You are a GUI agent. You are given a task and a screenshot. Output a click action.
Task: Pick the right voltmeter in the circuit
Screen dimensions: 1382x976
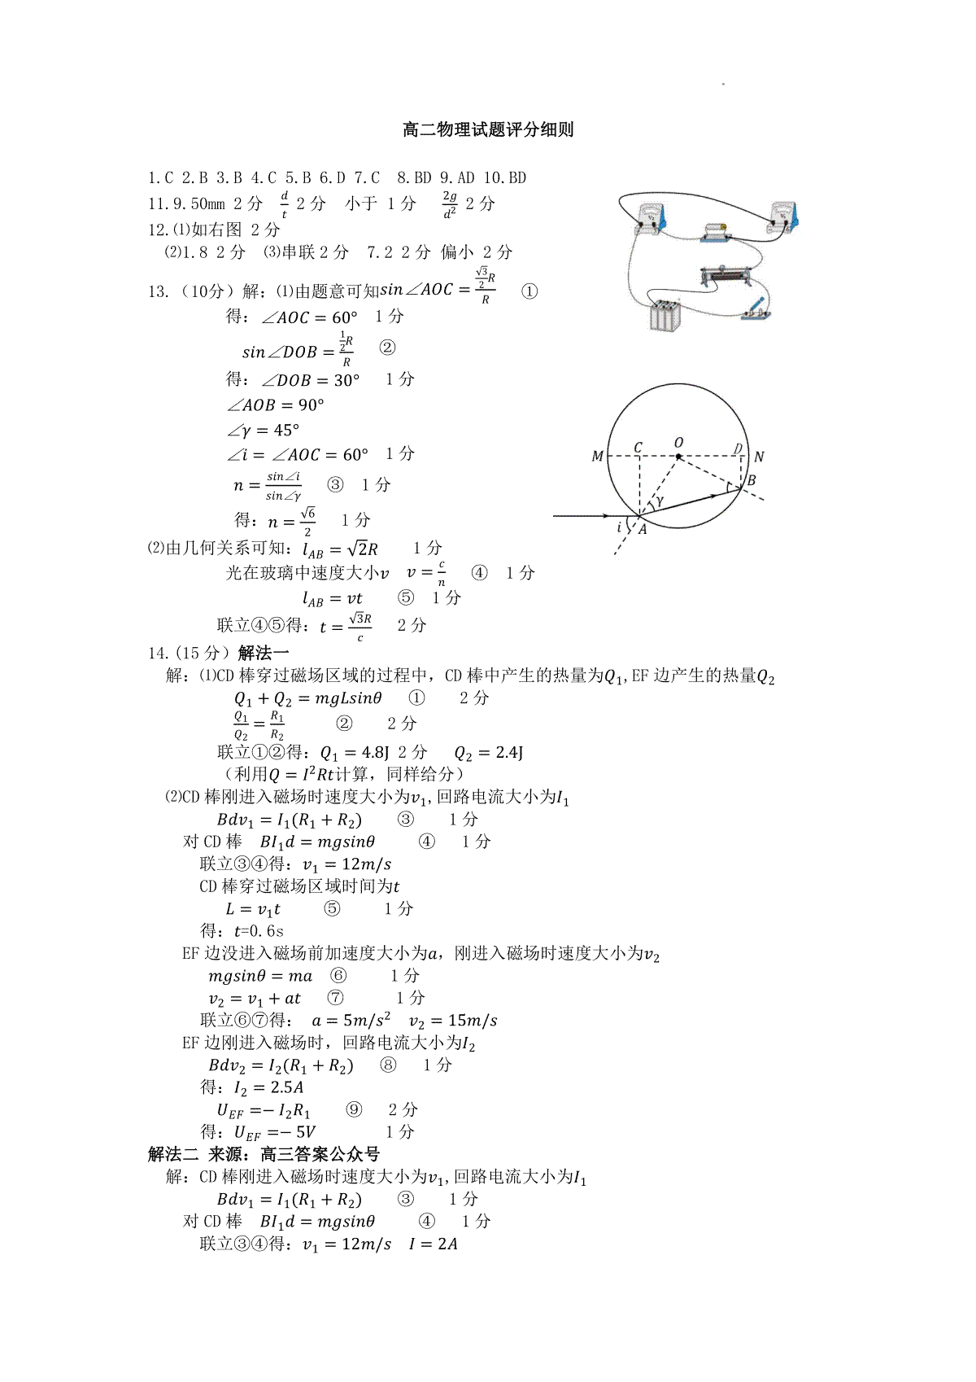coord(785,216)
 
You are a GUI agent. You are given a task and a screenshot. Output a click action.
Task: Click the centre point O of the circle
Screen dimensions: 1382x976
coord(678,455)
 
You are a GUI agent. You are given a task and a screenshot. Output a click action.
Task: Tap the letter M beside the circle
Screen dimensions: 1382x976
coord(598,457)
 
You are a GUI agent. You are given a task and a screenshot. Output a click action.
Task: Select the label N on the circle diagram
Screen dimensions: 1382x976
coord(759,457)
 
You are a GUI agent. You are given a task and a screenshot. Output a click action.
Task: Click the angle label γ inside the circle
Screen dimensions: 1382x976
coord(660,502)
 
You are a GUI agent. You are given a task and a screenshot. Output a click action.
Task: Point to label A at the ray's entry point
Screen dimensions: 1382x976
coord(642,529)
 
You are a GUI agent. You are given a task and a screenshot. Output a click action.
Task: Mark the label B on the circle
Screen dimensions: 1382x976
coord(752,480)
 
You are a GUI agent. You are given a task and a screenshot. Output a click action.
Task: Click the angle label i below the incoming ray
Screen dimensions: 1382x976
coord(619,527)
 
